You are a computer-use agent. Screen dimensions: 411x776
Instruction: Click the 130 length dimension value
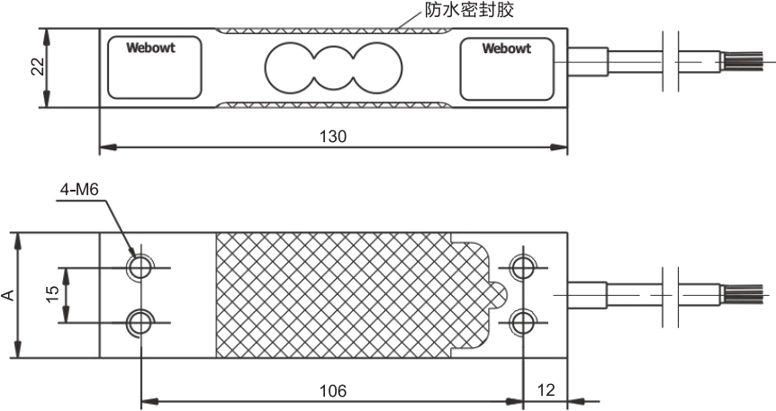(x=333, y=137)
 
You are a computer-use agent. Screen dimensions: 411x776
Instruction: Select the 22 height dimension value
(x=37, y=68)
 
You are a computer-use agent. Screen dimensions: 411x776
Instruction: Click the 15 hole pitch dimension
(x=52, y=293)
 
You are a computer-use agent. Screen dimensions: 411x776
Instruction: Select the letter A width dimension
(x=8, y=295)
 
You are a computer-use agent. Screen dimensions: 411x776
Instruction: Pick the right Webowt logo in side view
(x=506, y=48)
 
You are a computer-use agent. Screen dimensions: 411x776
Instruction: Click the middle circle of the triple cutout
(x=333, y=67)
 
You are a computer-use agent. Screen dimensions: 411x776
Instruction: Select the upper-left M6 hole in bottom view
(x=140, y=267)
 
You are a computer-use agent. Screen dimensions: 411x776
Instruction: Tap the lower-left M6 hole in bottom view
(x=140, y=321)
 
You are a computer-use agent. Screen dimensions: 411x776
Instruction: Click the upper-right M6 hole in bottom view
(x=522, y=267)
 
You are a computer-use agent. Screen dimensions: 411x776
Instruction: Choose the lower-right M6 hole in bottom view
(x=522, y=321)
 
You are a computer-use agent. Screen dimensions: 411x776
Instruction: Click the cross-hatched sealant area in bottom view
(x=342, y=294)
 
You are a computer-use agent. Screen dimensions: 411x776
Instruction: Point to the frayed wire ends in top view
(x=744, y=62)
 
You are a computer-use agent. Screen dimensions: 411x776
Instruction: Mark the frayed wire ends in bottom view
(x=744, y=294)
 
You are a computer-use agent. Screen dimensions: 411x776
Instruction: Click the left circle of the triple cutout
(x=289, y=67)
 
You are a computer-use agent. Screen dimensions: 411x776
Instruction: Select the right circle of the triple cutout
(x=376, y=67)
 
